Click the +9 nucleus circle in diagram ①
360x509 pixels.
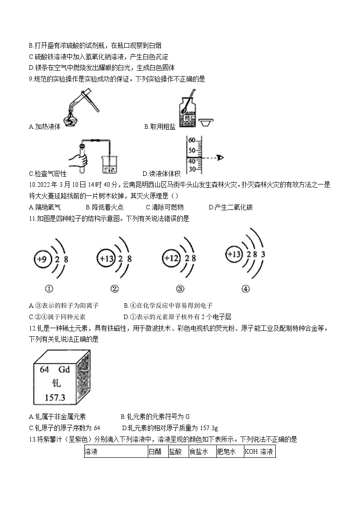click(42, 260)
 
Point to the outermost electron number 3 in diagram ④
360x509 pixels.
click(263, 254)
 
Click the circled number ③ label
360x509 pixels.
click(180, 289)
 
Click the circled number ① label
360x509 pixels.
click(49, 289)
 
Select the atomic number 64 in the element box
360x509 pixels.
click(44, 369)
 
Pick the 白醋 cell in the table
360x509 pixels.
click(157, 452)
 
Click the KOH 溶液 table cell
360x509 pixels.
click(259, 452)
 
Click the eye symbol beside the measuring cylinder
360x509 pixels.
click(220, 157)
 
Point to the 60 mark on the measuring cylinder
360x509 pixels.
click(191, 140)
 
